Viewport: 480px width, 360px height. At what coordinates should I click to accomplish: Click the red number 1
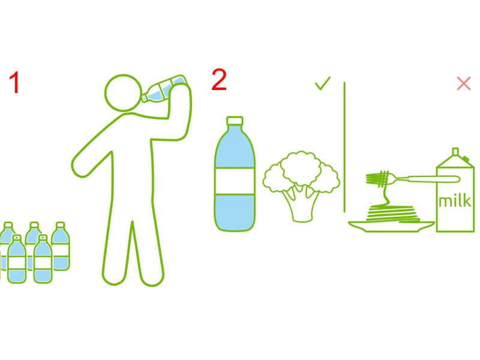click(14, 82)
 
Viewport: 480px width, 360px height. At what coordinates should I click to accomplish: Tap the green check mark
click(322, 83)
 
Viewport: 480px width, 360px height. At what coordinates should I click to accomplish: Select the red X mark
click(463, 83)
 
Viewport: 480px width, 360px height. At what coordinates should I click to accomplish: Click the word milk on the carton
click(455, 201)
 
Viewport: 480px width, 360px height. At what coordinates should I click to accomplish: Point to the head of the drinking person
click(124, 92)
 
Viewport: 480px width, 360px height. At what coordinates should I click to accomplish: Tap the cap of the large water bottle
click(235, 121)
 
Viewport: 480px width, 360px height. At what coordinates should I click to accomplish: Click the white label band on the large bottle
click(235, 181)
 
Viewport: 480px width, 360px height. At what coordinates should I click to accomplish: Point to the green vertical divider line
click(344, 147)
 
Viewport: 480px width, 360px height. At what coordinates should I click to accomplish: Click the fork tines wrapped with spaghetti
click(378, 178)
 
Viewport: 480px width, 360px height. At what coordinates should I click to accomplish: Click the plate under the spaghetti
click(391, 226)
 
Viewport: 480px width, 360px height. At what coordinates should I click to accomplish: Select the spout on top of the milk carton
click(455, 152)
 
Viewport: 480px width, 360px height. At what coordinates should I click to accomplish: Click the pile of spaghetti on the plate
click(392, 213)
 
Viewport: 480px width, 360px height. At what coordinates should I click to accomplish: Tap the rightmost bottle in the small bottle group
click(61, 247)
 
